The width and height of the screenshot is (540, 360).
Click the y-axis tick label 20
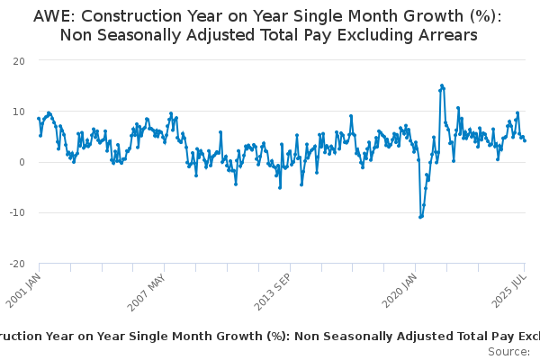[x=18, y=60]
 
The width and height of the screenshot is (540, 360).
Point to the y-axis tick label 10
[x=18, y=111]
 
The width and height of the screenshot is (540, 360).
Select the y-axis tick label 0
[x=21, y=162]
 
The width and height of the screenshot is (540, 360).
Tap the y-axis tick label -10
[x=16, y=212]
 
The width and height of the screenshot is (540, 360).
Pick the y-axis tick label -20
[x=16, y=264]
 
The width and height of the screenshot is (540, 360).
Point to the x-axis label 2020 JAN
[x=400, y=291]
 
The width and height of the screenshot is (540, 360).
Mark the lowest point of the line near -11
[x=420, y=217]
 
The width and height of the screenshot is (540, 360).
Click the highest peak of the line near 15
[x=442, y=85]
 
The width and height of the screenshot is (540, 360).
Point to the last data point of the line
[x=525, y=139]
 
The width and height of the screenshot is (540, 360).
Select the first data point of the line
[x=39, y=118]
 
